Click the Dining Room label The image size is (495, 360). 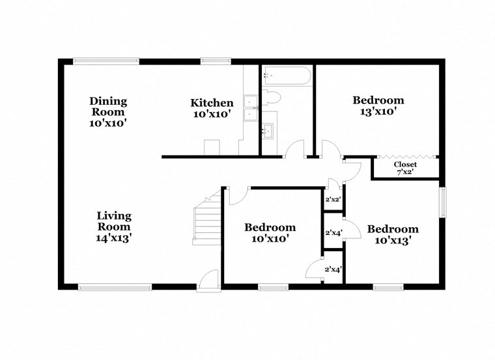click(x=108, y=111)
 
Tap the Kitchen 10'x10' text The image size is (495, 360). click(x=212, y=109)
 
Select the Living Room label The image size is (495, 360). click(x=114, y=227)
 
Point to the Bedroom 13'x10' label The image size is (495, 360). click(x=378, y=105)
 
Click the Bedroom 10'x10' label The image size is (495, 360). click(x=270, y=233)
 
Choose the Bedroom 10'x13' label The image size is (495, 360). click(x=393, y=234)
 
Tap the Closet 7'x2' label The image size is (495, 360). click(x=405, y=168)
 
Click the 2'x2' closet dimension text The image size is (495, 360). click(x=333, y=201)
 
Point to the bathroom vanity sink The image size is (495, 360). click(x=268, y=132)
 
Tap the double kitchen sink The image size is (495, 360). click(x=250, y=109)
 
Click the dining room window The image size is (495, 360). click(x=106, y=62)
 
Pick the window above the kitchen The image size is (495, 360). click(x=210, y=62)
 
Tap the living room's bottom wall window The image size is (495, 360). click(x=115, y=286)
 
